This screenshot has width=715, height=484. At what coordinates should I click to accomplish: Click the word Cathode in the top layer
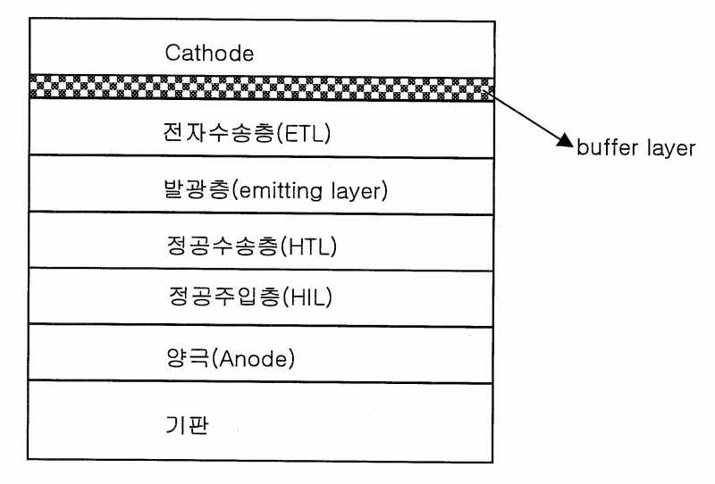pyautogui.click(x=210, y=53)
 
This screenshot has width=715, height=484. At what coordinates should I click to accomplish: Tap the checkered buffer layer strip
pyautogui.click(x=260, y=88)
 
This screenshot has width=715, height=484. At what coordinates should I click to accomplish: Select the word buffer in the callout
pyautogui.click(x=606, y=149)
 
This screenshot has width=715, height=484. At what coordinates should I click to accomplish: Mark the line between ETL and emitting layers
pyautogui.click(x=260, y=158)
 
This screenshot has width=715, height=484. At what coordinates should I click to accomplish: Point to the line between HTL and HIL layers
pyautogui.click(x=260, y=269)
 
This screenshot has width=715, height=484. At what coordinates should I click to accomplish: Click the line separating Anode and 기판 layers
pyautogui.click(x=260, y=382)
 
